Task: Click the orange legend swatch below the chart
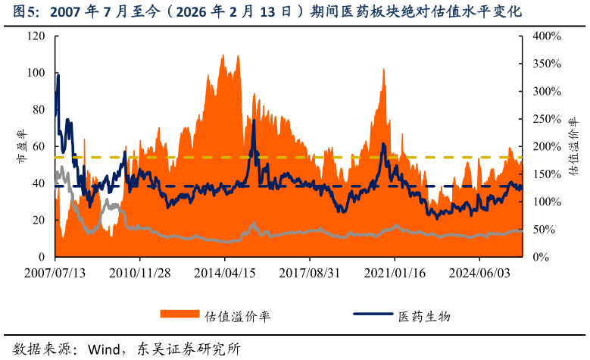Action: [179, 314]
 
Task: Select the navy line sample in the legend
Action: [373, 314]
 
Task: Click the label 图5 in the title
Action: [25, 12]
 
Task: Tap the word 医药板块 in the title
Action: [370, 12]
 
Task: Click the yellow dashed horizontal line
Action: [303, 158]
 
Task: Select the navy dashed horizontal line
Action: [303, 186]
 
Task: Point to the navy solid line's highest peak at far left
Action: [58, 75]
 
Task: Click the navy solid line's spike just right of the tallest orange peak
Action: [254, 121]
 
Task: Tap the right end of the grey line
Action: [522, 230]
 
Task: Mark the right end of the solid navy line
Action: [522, 187]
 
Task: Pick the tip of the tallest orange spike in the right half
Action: [384, 69]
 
